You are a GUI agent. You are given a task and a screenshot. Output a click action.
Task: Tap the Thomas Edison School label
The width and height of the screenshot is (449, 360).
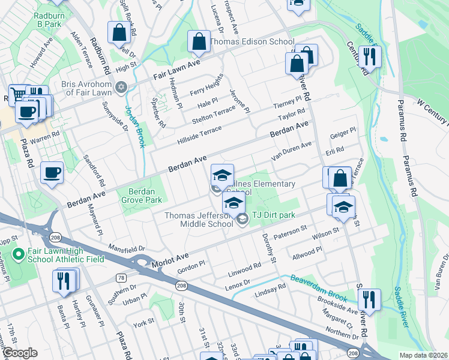pos(252,42)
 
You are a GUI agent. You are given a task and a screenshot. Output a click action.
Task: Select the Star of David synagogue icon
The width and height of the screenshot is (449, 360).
pos(122,88)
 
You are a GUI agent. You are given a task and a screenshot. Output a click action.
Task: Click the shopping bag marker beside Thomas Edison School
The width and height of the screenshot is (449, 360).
pos(198,42)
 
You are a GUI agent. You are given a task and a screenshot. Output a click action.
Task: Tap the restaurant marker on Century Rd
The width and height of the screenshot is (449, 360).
pos(370,56)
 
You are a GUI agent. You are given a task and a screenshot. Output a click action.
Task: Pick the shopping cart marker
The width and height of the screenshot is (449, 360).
pos(19,94)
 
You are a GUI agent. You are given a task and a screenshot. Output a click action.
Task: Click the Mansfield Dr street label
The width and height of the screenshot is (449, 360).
pos(127,247)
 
